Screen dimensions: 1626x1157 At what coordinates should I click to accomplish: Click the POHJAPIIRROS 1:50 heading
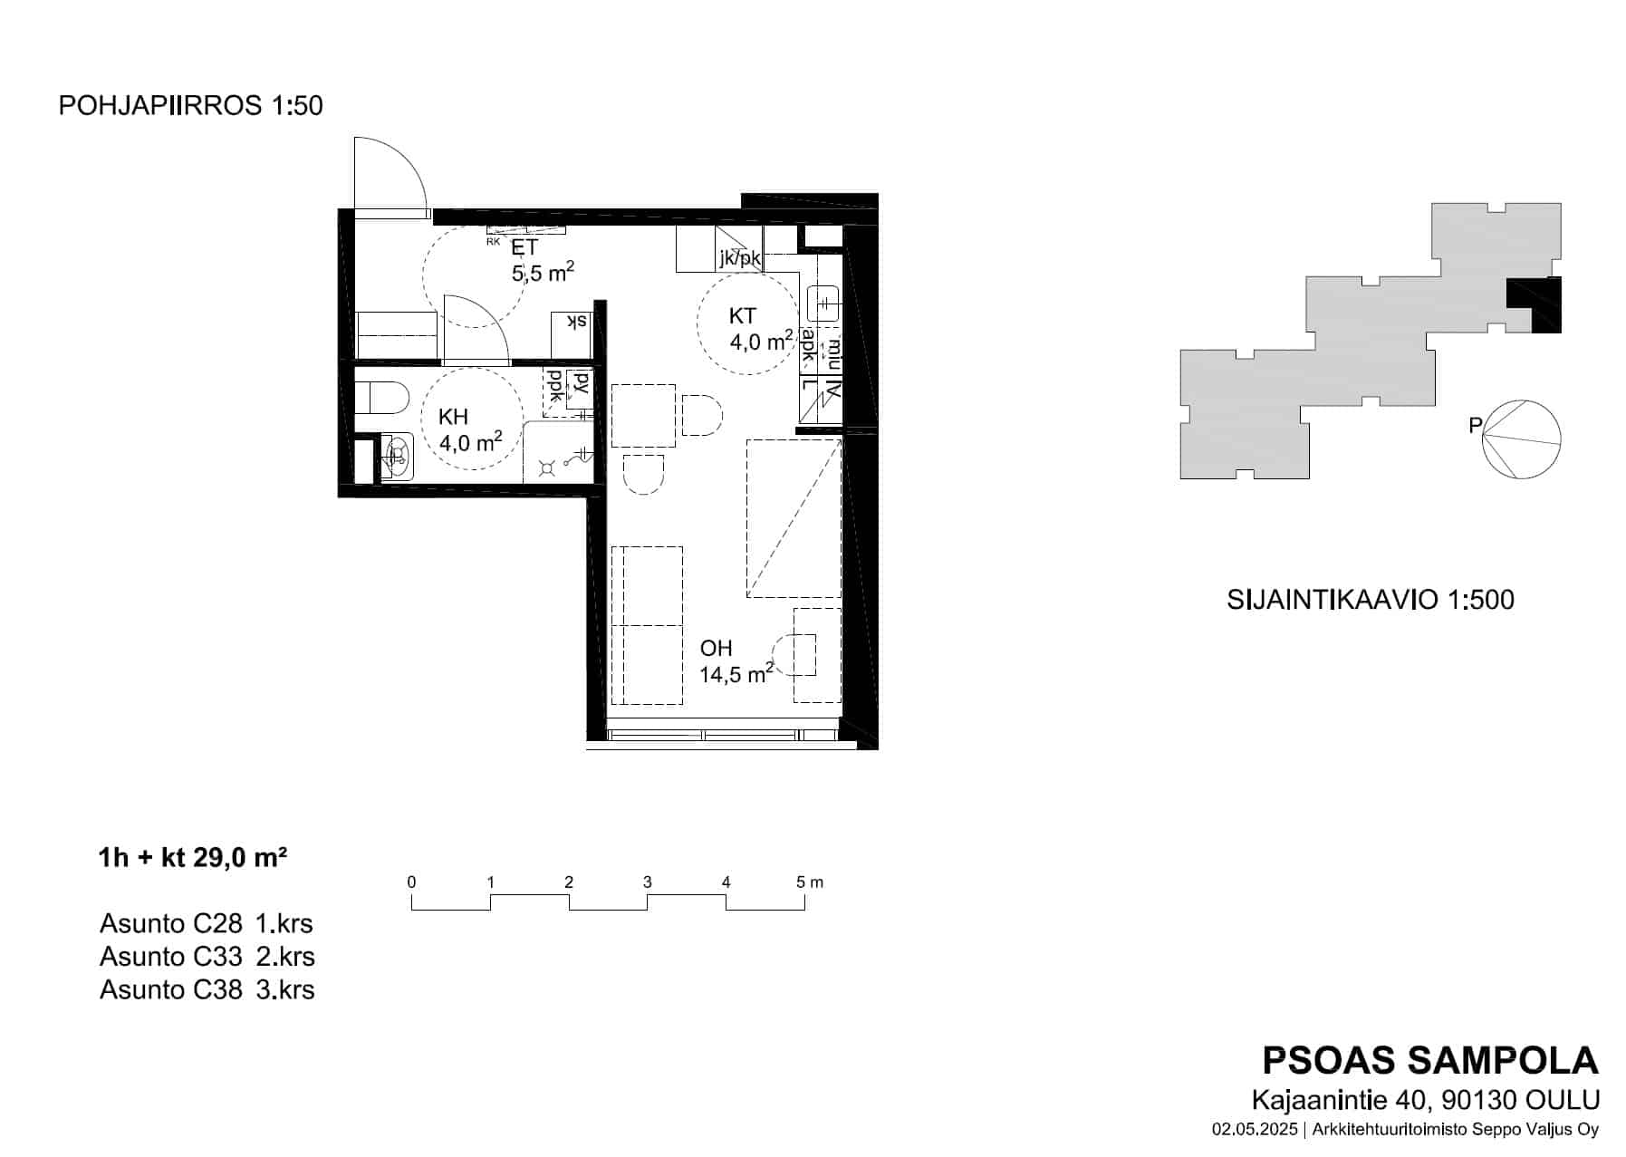(x=190, y=106)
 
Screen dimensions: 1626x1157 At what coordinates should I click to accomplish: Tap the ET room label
(x=524, y=247)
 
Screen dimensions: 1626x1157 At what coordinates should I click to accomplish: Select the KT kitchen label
(x=742, y=316)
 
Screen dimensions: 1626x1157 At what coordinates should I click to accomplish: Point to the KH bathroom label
(x=453, y=417)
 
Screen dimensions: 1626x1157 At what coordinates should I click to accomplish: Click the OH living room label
(x=716, y=649)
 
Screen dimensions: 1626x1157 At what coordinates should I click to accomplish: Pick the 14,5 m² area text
(x=736, y=673)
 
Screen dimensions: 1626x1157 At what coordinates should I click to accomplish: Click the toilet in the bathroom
(x=382, y=396)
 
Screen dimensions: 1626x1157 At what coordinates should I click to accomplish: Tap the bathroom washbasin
(x=396, y=456)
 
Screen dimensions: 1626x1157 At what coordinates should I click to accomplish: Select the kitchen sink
(x=824, y=302)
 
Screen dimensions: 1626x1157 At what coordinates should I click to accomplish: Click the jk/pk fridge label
(x=740, y=258)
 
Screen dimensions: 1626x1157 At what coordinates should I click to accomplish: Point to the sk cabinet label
(x=576, y=322)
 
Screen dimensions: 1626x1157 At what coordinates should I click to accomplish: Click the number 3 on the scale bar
(x=647, y=882)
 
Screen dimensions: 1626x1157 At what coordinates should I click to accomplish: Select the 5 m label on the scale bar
(x=809, y=882)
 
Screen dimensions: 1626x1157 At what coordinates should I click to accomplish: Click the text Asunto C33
(x=171, y=957)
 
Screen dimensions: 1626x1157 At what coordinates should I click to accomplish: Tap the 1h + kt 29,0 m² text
(x=193, y=857)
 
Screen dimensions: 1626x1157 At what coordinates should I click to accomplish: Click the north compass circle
(x=1522, y=439)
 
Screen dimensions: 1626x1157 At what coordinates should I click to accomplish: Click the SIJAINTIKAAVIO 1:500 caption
(x=1370, y=600)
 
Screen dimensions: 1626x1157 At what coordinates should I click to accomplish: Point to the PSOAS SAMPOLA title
(x=1430, y=1060)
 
